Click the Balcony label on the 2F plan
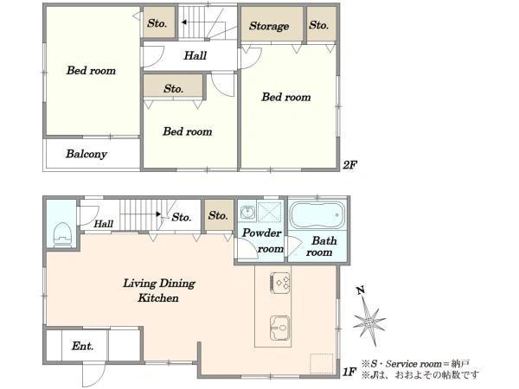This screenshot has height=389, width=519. click(86, 154)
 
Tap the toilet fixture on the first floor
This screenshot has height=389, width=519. click(62, 235)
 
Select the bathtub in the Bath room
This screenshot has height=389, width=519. click(317, 215)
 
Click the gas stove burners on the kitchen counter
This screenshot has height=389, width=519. click(280, 283)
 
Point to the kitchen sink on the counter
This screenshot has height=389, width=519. click(280, 328)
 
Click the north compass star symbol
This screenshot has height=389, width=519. click(369, 319)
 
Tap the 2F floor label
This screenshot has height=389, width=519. click(349, 164)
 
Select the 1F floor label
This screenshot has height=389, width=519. click(349, 372)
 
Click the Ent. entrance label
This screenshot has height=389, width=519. click(83, 346)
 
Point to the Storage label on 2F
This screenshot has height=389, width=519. click(269, 26)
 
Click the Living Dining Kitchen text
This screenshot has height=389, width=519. click(159, 290)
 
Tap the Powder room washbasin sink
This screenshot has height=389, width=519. click(247, 212)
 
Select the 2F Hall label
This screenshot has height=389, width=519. click(195, 55)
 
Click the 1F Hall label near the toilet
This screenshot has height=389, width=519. click(103, 224)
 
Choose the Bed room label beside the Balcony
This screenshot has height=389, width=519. click(91, 71)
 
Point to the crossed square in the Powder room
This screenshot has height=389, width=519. click(269, 212)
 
